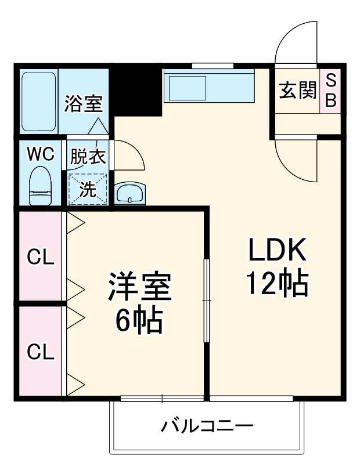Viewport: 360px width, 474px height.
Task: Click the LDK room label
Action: point(277,251)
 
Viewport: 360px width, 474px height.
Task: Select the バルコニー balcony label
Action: point(207,428)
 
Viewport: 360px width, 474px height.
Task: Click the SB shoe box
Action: point(330,91)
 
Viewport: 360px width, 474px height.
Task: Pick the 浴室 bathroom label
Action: point(83,104)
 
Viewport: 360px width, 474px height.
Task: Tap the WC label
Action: point(41,154)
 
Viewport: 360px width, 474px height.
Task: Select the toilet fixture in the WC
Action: point(40,186)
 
